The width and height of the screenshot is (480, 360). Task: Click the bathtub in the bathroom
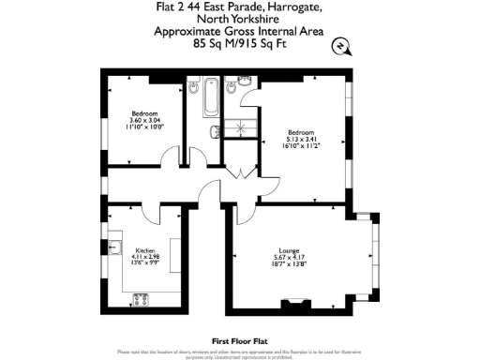[211, 95]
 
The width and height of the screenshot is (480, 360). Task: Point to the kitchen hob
[142, 299]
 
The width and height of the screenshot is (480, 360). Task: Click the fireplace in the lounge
[295, 302]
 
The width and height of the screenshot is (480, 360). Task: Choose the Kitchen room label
[144, 251]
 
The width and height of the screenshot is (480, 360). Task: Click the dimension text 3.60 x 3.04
[144, 119]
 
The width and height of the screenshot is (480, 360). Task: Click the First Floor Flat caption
[240, 340]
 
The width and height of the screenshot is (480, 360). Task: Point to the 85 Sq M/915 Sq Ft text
[240, 42]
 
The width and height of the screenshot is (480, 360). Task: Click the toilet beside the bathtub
[243, 90]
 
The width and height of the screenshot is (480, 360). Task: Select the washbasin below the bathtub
[215, 129]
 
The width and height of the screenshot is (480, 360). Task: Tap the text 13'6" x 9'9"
[144, 265]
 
